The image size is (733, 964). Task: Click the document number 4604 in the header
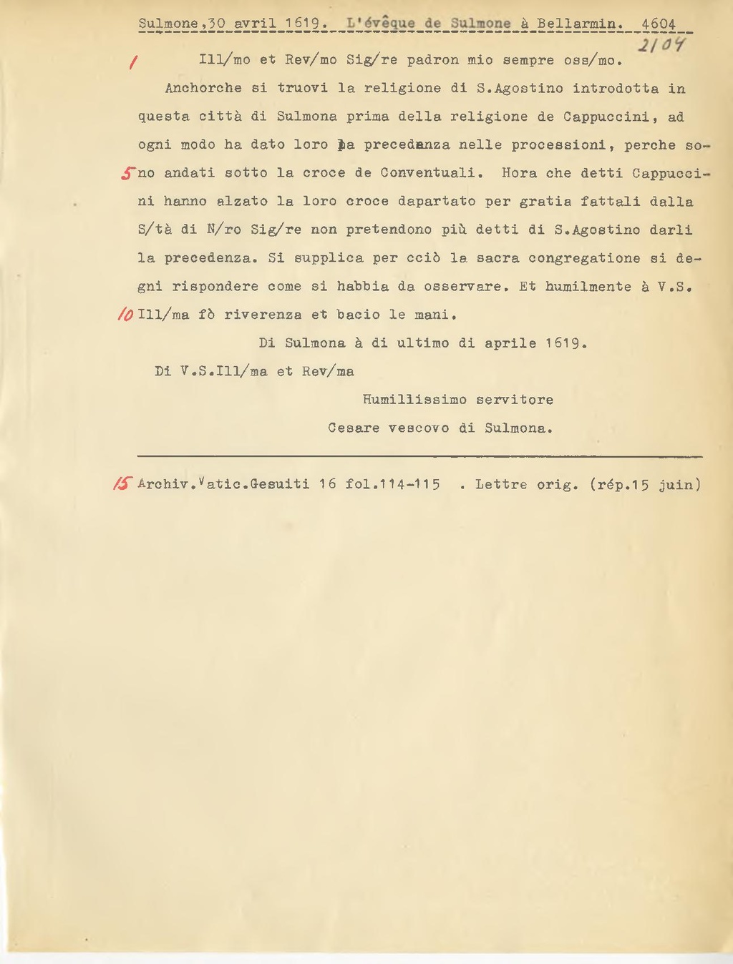[x=658, y=24]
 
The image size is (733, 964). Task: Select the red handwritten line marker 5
[x=128, y=173]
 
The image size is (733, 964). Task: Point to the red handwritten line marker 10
[x=125, y=315]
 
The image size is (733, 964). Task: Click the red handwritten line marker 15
[x=123, y=484]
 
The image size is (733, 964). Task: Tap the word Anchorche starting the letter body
[x=203, y=89]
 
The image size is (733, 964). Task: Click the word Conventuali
[x=432, y=173]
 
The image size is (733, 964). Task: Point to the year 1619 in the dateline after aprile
[x=565, y=343]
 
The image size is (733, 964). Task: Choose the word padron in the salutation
[x=433, y=60]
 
